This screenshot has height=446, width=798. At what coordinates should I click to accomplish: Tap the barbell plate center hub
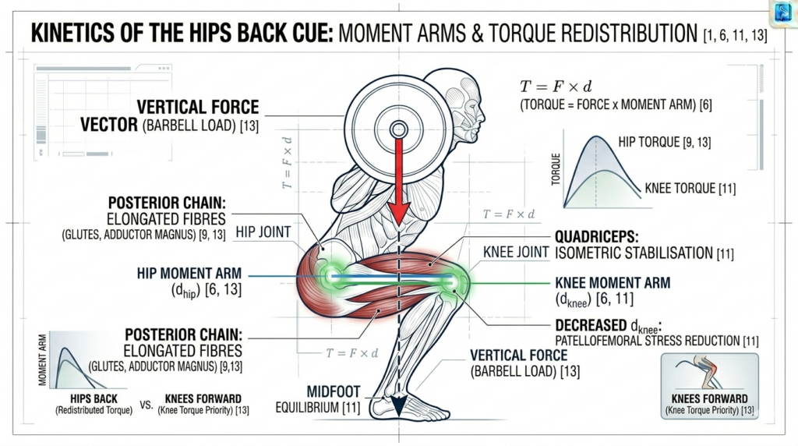pos(397,129)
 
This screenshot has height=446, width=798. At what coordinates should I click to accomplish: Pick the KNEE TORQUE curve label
pos(690,188)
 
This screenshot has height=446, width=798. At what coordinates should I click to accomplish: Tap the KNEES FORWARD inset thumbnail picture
pos(708,374)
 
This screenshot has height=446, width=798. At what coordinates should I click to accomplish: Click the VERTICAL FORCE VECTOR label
pos(198,115)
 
